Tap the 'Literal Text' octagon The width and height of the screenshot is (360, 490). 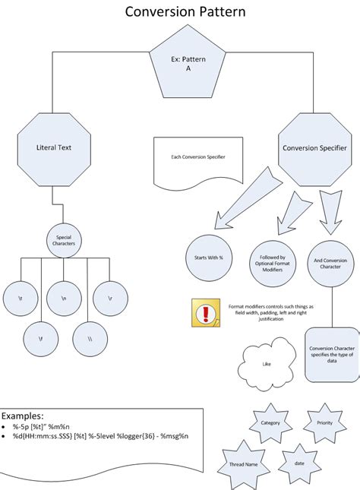point(53,147)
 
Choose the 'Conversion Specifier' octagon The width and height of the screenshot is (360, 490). point(314,147)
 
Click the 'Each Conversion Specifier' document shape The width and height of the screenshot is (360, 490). point(197,160)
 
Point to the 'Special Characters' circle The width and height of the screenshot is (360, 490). point(64,240)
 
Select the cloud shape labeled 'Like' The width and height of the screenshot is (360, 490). point(267,362)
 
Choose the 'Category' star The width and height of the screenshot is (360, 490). point(270,422)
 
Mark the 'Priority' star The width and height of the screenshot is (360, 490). point(325,422)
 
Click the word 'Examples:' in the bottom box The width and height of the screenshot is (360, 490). point(23,416)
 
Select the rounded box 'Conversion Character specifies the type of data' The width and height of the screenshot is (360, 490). point(332,354)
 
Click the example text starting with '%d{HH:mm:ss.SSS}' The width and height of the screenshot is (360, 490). point(99,436)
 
